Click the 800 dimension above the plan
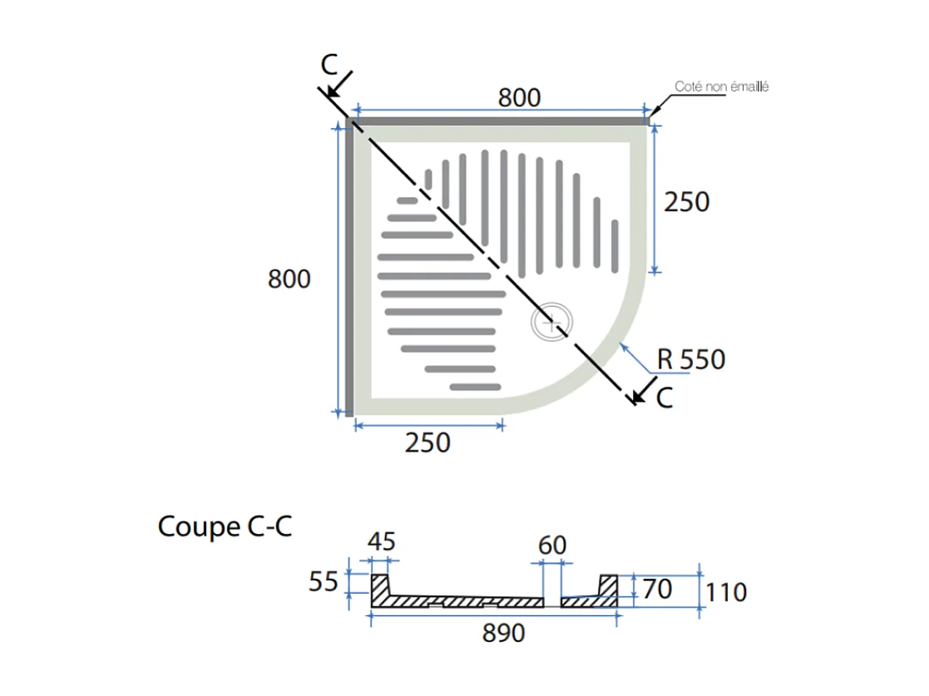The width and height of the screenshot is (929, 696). click(519, 97)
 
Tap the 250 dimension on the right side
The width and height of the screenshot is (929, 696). click(687, 201)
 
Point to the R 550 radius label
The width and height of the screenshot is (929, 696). click(690, 359)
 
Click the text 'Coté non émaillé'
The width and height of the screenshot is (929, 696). click(721, 86)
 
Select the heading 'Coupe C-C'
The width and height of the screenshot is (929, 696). click(225, 526)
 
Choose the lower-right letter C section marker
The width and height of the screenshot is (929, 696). click(664, 398)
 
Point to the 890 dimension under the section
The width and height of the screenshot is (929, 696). click(504, 633)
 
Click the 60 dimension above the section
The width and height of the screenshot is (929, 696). click(552, 545)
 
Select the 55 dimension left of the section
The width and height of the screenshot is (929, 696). click(324, 582)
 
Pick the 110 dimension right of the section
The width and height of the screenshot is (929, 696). click(726, 592)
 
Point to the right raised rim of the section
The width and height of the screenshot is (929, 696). click(608, 585)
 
